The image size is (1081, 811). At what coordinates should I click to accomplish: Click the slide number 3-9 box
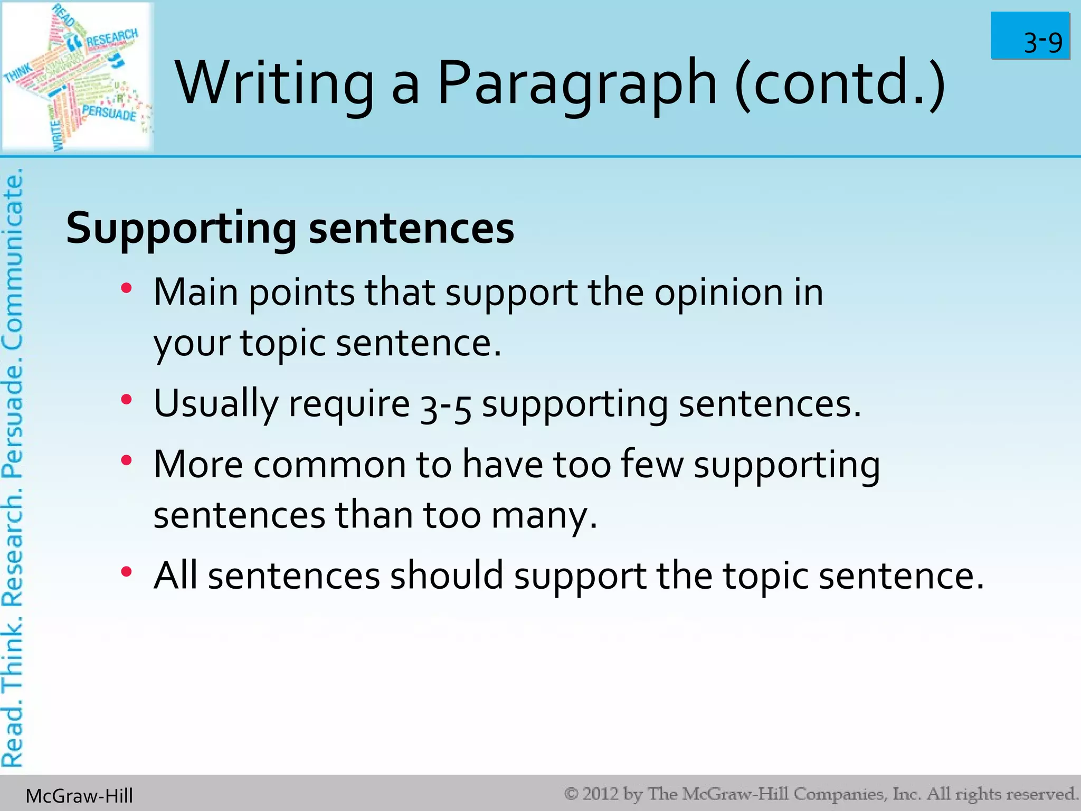(x=1030, y=36)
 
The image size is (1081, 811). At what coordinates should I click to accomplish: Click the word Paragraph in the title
(x=577, y=83)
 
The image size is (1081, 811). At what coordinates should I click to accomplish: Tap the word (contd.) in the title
(x=840, y=83)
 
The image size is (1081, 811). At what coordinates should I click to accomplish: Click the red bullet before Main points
(x=126, y=288)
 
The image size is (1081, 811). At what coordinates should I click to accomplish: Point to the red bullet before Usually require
(x=126, y=400)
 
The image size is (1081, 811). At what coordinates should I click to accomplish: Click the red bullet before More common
(x=126, y=461)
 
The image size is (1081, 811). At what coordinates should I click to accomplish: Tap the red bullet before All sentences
(x=126, y=572)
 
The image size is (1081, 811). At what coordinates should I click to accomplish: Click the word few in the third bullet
(x=652, y=465)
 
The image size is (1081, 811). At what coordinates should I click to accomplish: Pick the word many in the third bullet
(x=544, y=516)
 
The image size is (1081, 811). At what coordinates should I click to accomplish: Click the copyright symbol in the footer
(x=572, y=794)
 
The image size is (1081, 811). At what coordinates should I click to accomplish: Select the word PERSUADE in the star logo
(x=109, y=112)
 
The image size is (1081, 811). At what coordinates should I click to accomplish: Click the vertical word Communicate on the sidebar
(x=13, y=259)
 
